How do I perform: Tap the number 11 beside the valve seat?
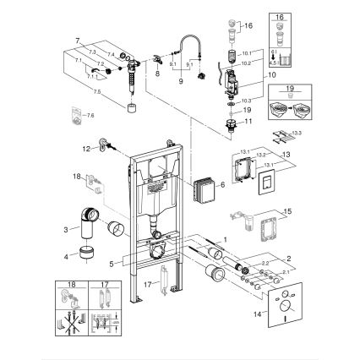coord(248,122)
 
